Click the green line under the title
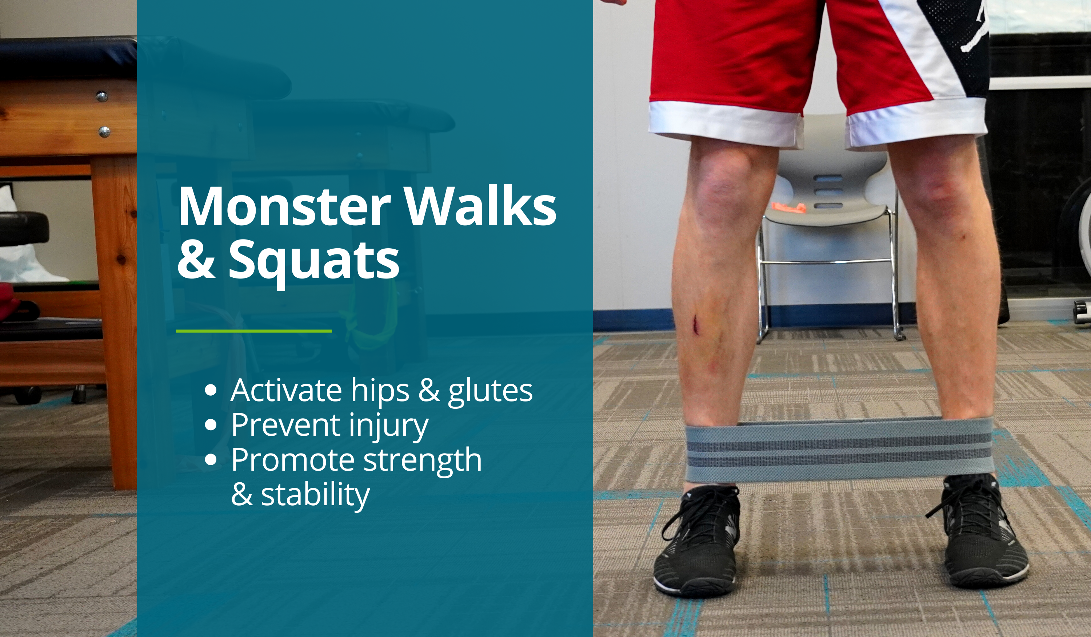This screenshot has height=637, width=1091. coord(254,331)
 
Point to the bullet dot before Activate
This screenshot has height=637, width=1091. coord(211,390)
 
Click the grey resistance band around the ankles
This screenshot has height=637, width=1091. coord(839,450)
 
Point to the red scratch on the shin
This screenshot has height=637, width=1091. coord(696,325)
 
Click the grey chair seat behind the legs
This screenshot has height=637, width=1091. coord(827,215)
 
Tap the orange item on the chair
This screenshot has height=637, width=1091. coord(789,208)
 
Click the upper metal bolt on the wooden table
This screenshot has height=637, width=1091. coord(102,96)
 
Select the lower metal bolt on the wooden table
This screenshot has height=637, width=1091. coord(104,132)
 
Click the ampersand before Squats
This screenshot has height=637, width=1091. coord(196,260)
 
